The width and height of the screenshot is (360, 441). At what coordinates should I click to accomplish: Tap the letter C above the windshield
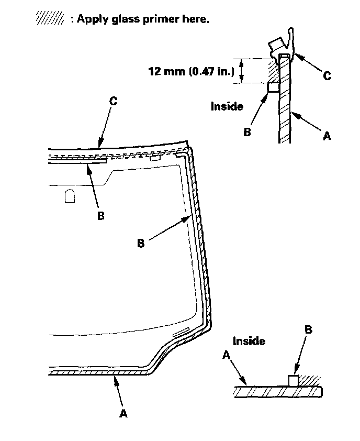113,101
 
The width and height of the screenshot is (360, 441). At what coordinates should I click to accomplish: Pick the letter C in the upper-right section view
327,76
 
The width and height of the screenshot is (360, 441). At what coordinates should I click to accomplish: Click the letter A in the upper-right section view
328,136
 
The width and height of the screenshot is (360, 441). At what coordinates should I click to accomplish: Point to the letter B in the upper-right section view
247,132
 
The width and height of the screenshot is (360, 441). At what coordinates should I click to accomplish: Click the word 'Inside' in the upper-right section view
227,106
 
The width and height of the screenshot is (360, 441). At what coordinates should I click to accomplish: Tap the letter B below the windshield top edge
100,216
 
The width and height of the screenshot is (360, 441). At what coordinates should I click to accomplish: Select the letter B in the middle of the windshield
141,244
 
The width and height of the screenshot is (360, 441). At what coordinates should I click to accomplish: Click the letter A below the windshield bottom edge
123,413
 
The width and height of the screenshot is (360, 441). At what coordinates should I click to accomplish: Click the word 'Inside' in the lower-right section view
249,341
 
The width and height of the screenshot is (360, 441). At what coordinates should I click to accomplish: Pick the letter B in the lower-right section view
308,329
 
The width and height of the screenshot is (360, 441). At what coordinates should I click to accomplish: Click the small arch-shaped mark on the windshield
70,196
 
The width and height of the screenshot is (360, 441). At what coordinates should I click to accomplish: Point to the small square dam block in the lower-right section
294,380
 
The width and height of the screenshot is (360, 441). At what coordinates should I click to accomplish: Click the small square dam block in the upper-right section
273,88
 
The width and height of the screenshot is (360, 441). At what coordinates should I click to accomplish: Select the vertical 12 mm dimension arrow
241,71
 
